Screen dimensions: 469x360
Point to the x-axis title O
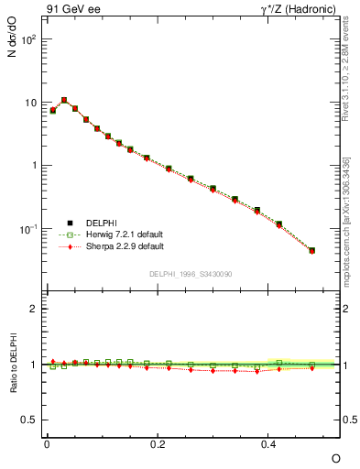click(x=334, y=458)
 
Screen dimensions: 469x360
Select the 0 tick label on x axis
click(x=47, y=443)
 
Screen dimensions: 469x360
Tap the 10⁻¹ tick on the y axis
click(x=27, y=228)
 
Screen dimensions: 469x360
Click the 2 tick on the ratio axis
click(x=34, y=309)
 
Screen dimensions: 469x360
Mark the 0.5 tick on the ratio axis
click(x=29, y=420)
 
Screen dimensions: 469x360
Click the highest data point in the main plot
click(x=64, y=100)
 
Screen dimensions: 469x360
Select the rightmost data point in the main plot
click(x=312, y=250)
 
